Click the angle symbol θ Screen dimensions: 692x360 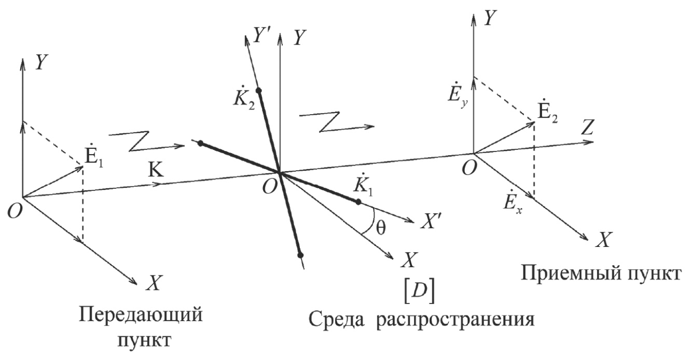(x=381, y=229)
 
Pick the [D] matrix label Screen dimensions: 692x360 (x=419, y=293)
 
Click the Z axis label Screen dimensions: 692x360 (x=587, y=127)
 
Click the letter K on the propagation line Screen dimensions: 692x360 (x=156, y=170)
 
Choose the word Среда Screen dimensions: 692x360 (x=336, y=319)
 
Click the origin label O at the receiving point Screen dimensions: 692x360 (x=468, y=169)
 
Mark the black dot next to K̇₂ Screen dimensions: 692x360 (x=259, y=90)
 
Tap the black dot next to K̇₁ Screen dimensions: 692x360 (x=358, y=202)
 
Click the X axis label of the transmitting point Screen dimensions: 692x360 (x=154, y=282)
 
